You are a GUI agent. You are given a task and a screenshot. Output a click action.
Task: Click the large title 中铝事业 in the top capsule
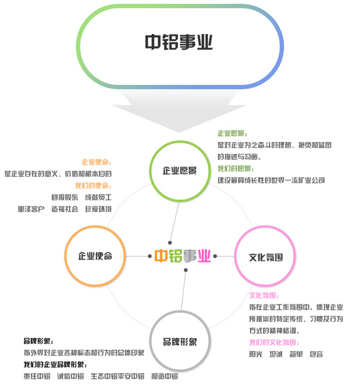pyautogui.click(x=179, y=42)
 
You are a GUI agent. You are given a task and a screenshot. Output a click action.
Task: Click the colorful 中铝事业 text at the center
pyautogui.click(x=183, y=256)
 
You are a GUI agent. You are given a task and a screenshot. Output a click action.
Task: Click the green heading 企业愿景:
pyautogui.click(x=232, y=133)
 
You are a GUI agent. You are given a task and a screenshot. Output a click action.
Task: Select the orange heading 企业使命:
pyautogui.click(x=96, y=162)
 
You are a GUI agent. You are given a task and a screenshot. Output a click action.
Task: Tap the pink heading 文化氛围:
pyautogui.click(x=264, y=296)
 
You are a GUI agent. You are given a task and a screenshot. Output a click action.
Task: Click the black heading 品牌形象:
pyautogui.click(x=39, y=341)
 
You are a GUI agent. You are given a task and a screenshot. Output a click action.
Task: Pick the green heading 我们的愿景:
pyautogui.click(x=236, y=169)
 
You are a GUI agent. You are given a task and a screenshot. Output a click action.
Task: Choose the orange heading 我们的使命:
pyautogui.click(x=94, y=186)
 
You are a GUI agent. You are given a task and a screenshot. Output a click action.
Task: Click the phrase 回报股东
pyautogui.click(x=65, y=197)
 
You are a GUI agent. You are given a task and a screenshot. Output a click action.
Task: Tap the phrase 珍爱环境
pyautogui.click(x=98, y=209)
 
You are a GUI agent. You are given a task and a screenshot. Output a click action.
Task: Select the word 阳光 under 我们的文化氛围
pyautogui.click(x=256, y=354)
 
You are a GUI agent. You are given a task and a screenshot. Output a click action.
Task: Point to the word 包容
pyautogui.click(x=316, y=354)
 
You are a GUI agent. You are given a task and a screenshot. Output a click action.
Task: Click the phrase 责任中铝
pyautogui.click(x=37, y=376)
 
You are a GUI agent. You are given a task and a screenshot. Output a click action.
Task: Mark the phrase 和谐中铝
pyautogui.click(x=165, y=376)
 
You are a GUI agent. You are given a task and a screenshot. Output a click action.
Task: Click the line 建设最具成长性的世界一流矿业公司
pyautogui.click(x=271, y=180)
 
